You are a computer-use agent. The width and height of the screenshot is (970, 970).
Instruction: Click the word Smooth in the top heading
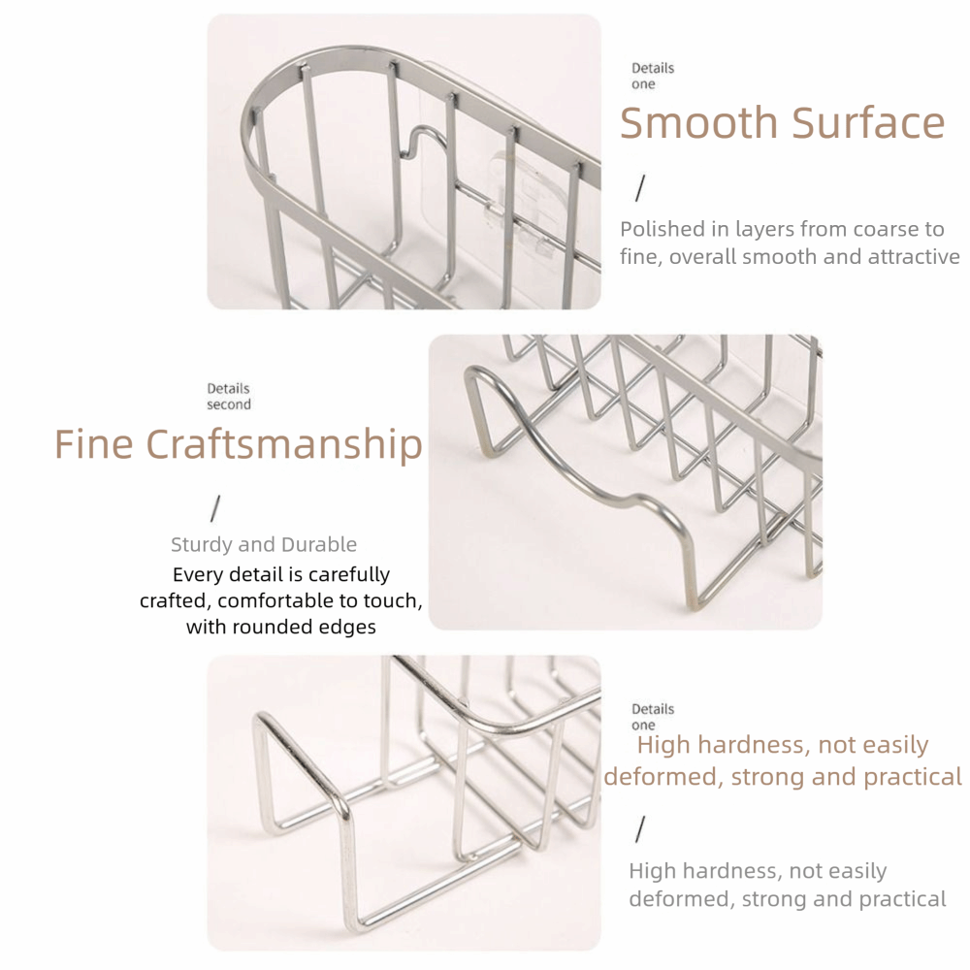[699, 122]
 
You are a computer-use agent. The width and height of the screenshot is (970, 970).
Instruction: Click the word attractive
[913, 257]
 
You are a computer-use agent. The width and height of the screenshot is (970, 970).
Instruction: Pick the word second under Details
[229, 404]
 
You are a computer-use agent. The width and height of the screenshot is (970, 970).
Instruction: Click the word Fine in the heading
[93, 443]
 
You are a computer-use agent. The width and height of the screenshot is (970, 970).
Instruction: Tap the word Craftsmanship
[284, 445]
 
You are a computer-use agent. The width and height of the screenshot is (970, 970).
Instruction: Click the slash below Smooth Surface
[640, 188]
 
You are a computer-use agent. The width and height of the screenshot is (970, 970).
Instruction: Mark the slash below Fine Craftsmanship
[215, 508]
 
